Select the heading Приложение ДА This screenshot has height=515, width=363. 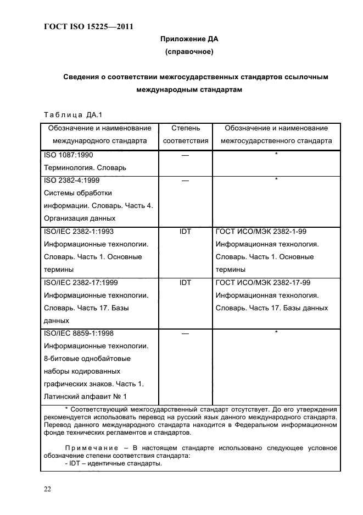(189, 39)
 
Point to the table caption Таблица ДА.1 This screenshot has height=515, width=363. (73, 114)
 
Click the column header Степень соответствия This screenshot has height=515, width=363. (185, 134)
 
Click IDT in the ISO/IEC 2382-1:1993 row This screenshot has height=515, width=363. (185, 232)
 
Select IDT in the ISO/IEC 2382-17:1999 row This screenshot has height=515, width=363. (185, 283)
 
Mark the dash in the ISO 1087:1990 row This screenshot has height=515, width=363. (185, 155)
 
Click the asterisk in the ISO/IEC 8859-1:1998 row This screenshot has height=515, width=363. (276, 333)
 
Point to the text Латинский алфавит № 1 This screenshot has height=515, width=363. (85, 396)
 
